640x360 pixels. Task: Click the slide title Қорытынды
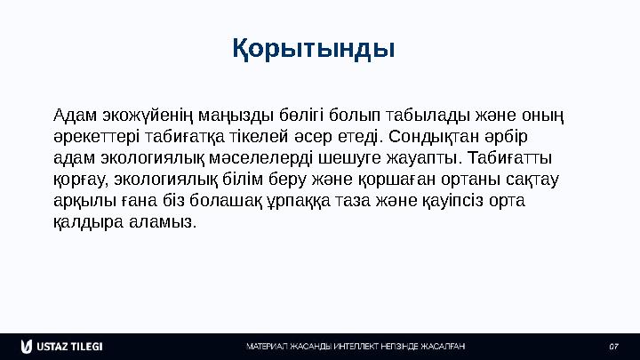[314, 46]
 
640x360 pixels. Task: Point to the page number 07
[612, 345]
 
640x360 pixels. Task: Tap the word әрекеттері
[94, 138]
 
